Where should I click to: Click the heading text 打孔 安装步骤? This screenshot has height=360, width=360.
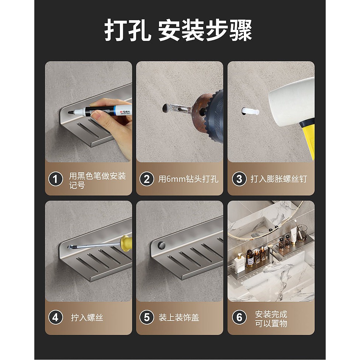click(179, 30)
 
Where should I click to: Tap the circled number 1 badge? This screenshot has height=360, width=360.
click(56, 179)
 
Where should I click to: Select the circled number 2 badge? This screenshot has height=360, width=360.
click(147, 179)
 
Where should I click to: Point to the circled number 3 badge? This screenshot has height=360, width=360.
click(239, 179)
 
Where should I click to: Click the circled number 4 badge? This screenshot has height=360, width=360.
click(56, 318)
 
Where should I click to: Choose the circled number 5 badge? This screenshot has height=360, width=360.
click(147, 318)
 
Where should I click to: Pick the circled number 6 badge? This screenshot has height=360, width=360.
click(239, 318)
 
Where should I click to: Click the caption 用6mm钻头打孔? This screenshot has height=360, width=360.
click(188, 179)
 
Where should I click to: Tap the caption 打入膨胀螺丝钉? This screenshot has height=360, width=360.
click(279, 179)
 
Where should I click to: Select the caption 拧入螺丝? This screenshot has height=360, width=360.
click(87, 318)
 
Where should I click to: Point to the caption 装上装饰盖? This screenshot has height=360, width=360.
click(179, 318)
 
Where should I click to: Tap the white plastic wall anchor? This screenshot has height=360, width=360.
click(251, 111)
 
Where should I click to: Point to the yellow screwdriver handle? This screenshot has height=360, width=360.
click(126, 241)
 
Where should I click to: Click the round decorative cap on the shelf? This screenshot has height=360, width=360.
click(162, 245)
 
